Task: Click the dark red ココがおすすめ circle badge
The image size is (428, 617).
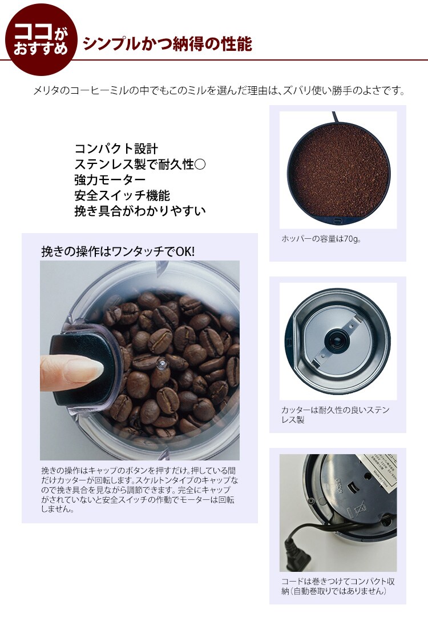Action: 41,39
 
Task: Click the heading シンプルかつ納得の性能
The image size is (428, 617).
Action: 167,44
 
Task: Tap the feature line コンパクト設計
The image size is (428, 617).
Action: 116,149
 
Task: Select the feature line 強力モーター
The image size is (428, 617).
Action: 110,180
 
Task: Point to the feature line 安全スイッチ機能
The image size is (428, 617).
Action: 122,195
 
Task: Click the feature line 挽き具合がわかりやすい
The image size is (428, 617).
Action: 140,211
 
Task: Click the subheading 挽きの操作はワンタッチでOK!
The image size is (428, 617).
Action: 118,251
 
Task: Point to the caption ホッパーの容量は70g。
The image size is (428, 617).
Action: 321,239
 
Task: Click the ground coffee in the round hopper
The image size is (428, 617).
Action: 338,170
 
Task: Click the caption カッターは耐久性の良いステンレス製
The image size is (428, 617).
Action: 335,415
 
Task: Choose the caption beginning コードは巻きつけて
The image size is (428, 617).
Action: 338,586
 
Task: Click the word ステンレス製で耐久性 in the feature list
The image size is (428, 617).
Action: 135,165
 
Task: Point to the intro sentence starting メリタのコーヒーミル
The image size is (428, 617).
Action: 219,91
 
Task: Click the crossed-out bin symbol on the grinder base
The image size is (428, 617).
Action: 359,510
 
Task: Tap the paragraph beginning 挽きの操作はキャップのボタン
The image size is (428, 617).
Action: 139,490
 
